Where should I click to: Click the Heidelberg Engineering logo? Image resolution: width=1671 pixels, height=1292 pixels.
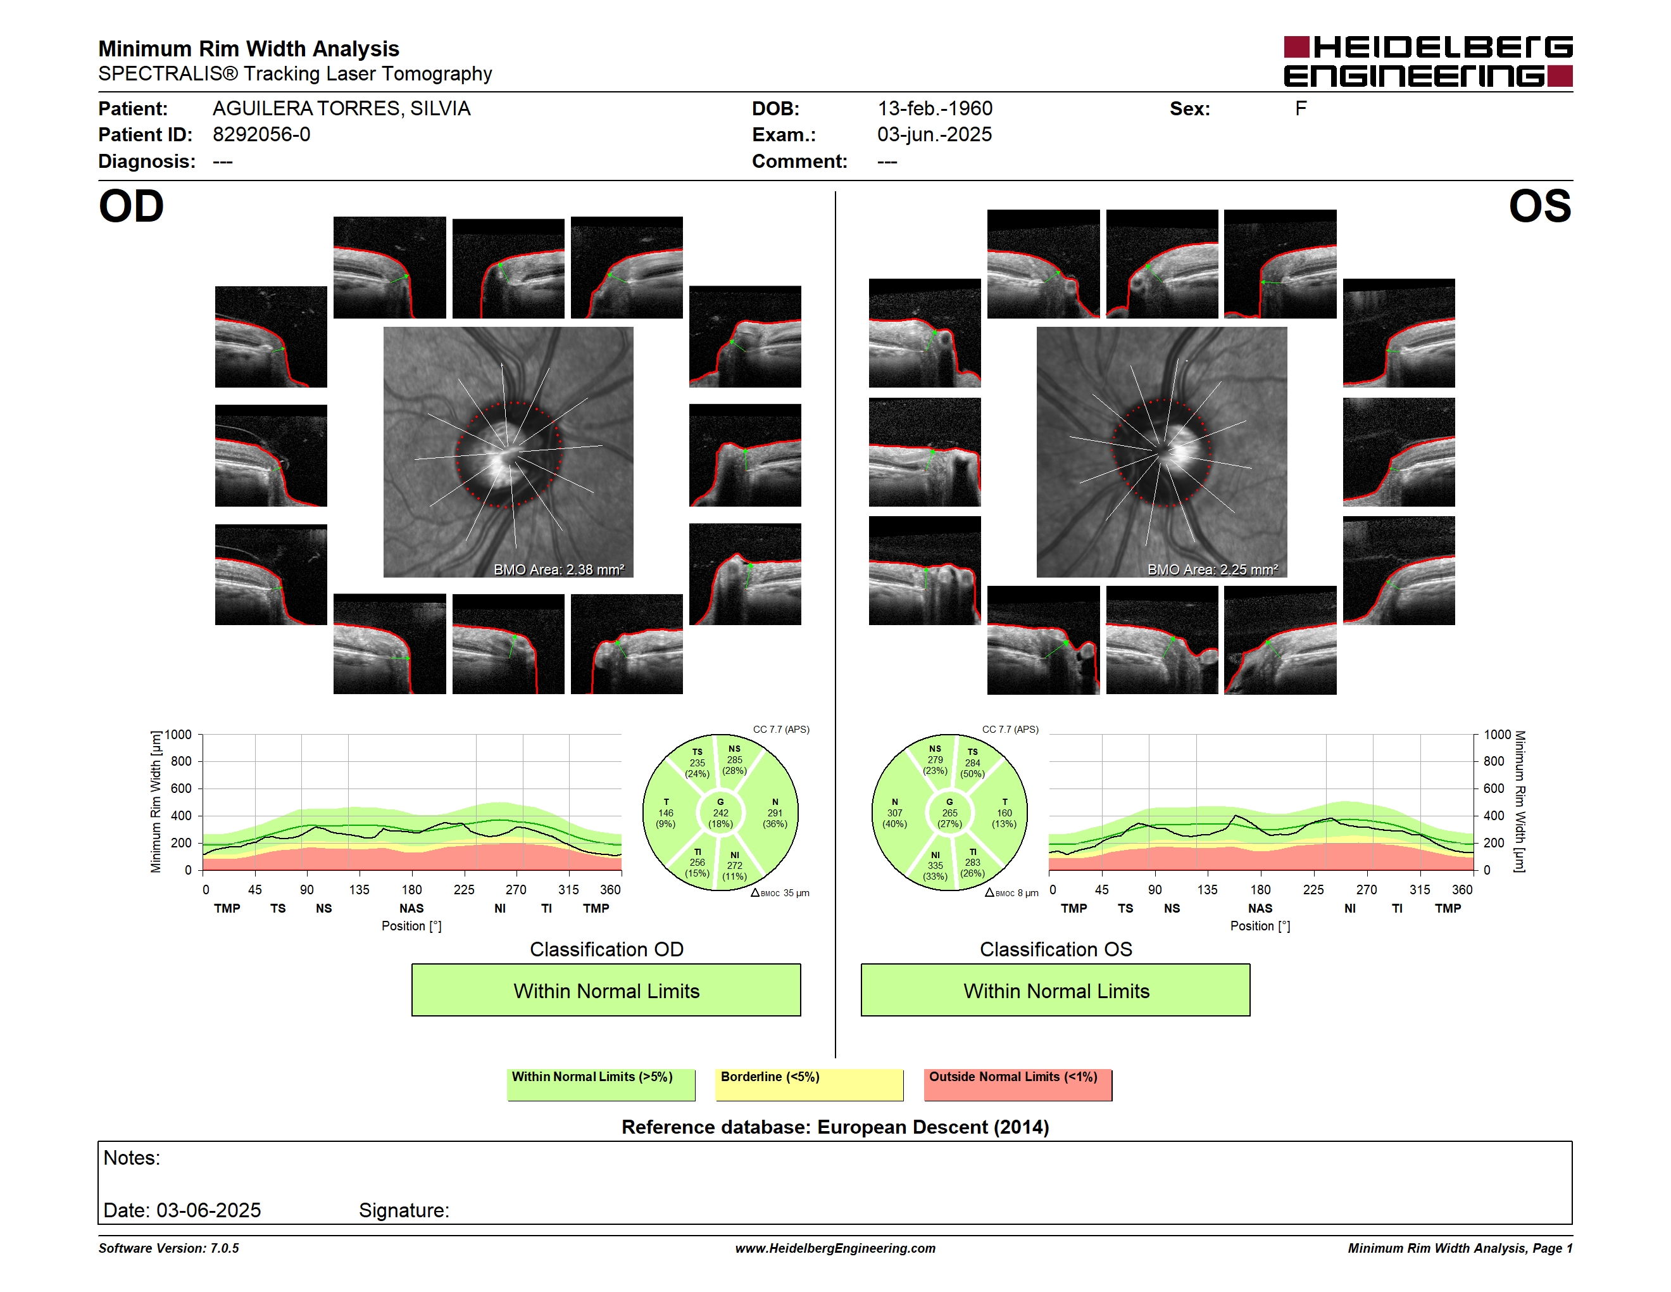[x=1428, y=61]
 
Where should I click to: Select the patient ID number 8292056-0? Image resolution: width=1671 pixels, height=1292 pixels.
[x=261, y=135]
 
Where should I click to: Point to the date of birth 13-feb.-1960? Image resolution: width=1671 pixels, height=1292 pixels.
[x=935, y=109]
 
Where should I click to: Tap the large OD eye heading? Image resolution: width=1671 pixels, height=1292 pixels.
[x=132, y=206]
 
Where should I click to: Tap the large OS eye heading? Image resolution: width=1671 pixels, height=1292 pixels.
[x=1539, y=206]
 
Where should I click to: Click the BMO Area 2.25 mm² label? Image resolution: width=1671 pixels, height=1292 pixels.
[x=1212, y=569]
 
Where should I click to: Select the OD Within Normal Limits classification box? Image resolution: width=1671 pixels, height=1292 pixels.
[x=606, y=990]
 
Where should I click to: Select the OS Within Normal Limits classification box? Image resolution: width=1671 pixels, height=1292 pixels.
[x=1056, y=990]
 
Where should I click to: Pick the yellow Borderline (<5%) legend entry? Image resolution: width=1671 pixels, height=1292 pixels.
[x=810, y=1084]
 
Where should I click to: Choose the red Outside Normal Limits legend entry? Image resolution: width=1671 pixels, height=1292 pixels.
[x=1018, y=1084]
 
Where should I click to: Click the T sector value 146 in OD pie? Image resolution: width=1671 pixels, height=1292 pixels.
[x=666, y=813]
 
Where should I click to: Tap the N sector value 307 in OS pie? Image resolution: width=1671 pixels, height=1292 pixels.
[x=894, y=813]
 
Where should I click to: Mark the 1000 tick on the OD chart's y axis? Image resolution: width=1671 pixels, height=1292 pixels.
[x=178, y=735]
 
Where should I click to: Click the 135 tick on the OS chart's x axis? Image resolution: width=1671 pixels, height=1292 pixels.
[x=1207, y=889]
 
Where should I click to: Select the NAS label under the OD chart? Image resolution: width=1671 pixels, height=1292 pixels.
[x=411, y=909]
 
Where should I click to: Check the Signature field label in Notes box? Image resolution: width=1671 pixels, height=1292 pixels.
[x=404, y=1210]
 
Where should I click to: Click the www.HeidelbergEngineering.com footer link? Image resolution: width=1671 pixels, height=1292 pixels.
[x=835, y=1248]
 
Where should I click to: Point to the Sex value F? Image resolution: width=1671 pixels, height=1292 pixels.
[x=1301, y=109]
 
